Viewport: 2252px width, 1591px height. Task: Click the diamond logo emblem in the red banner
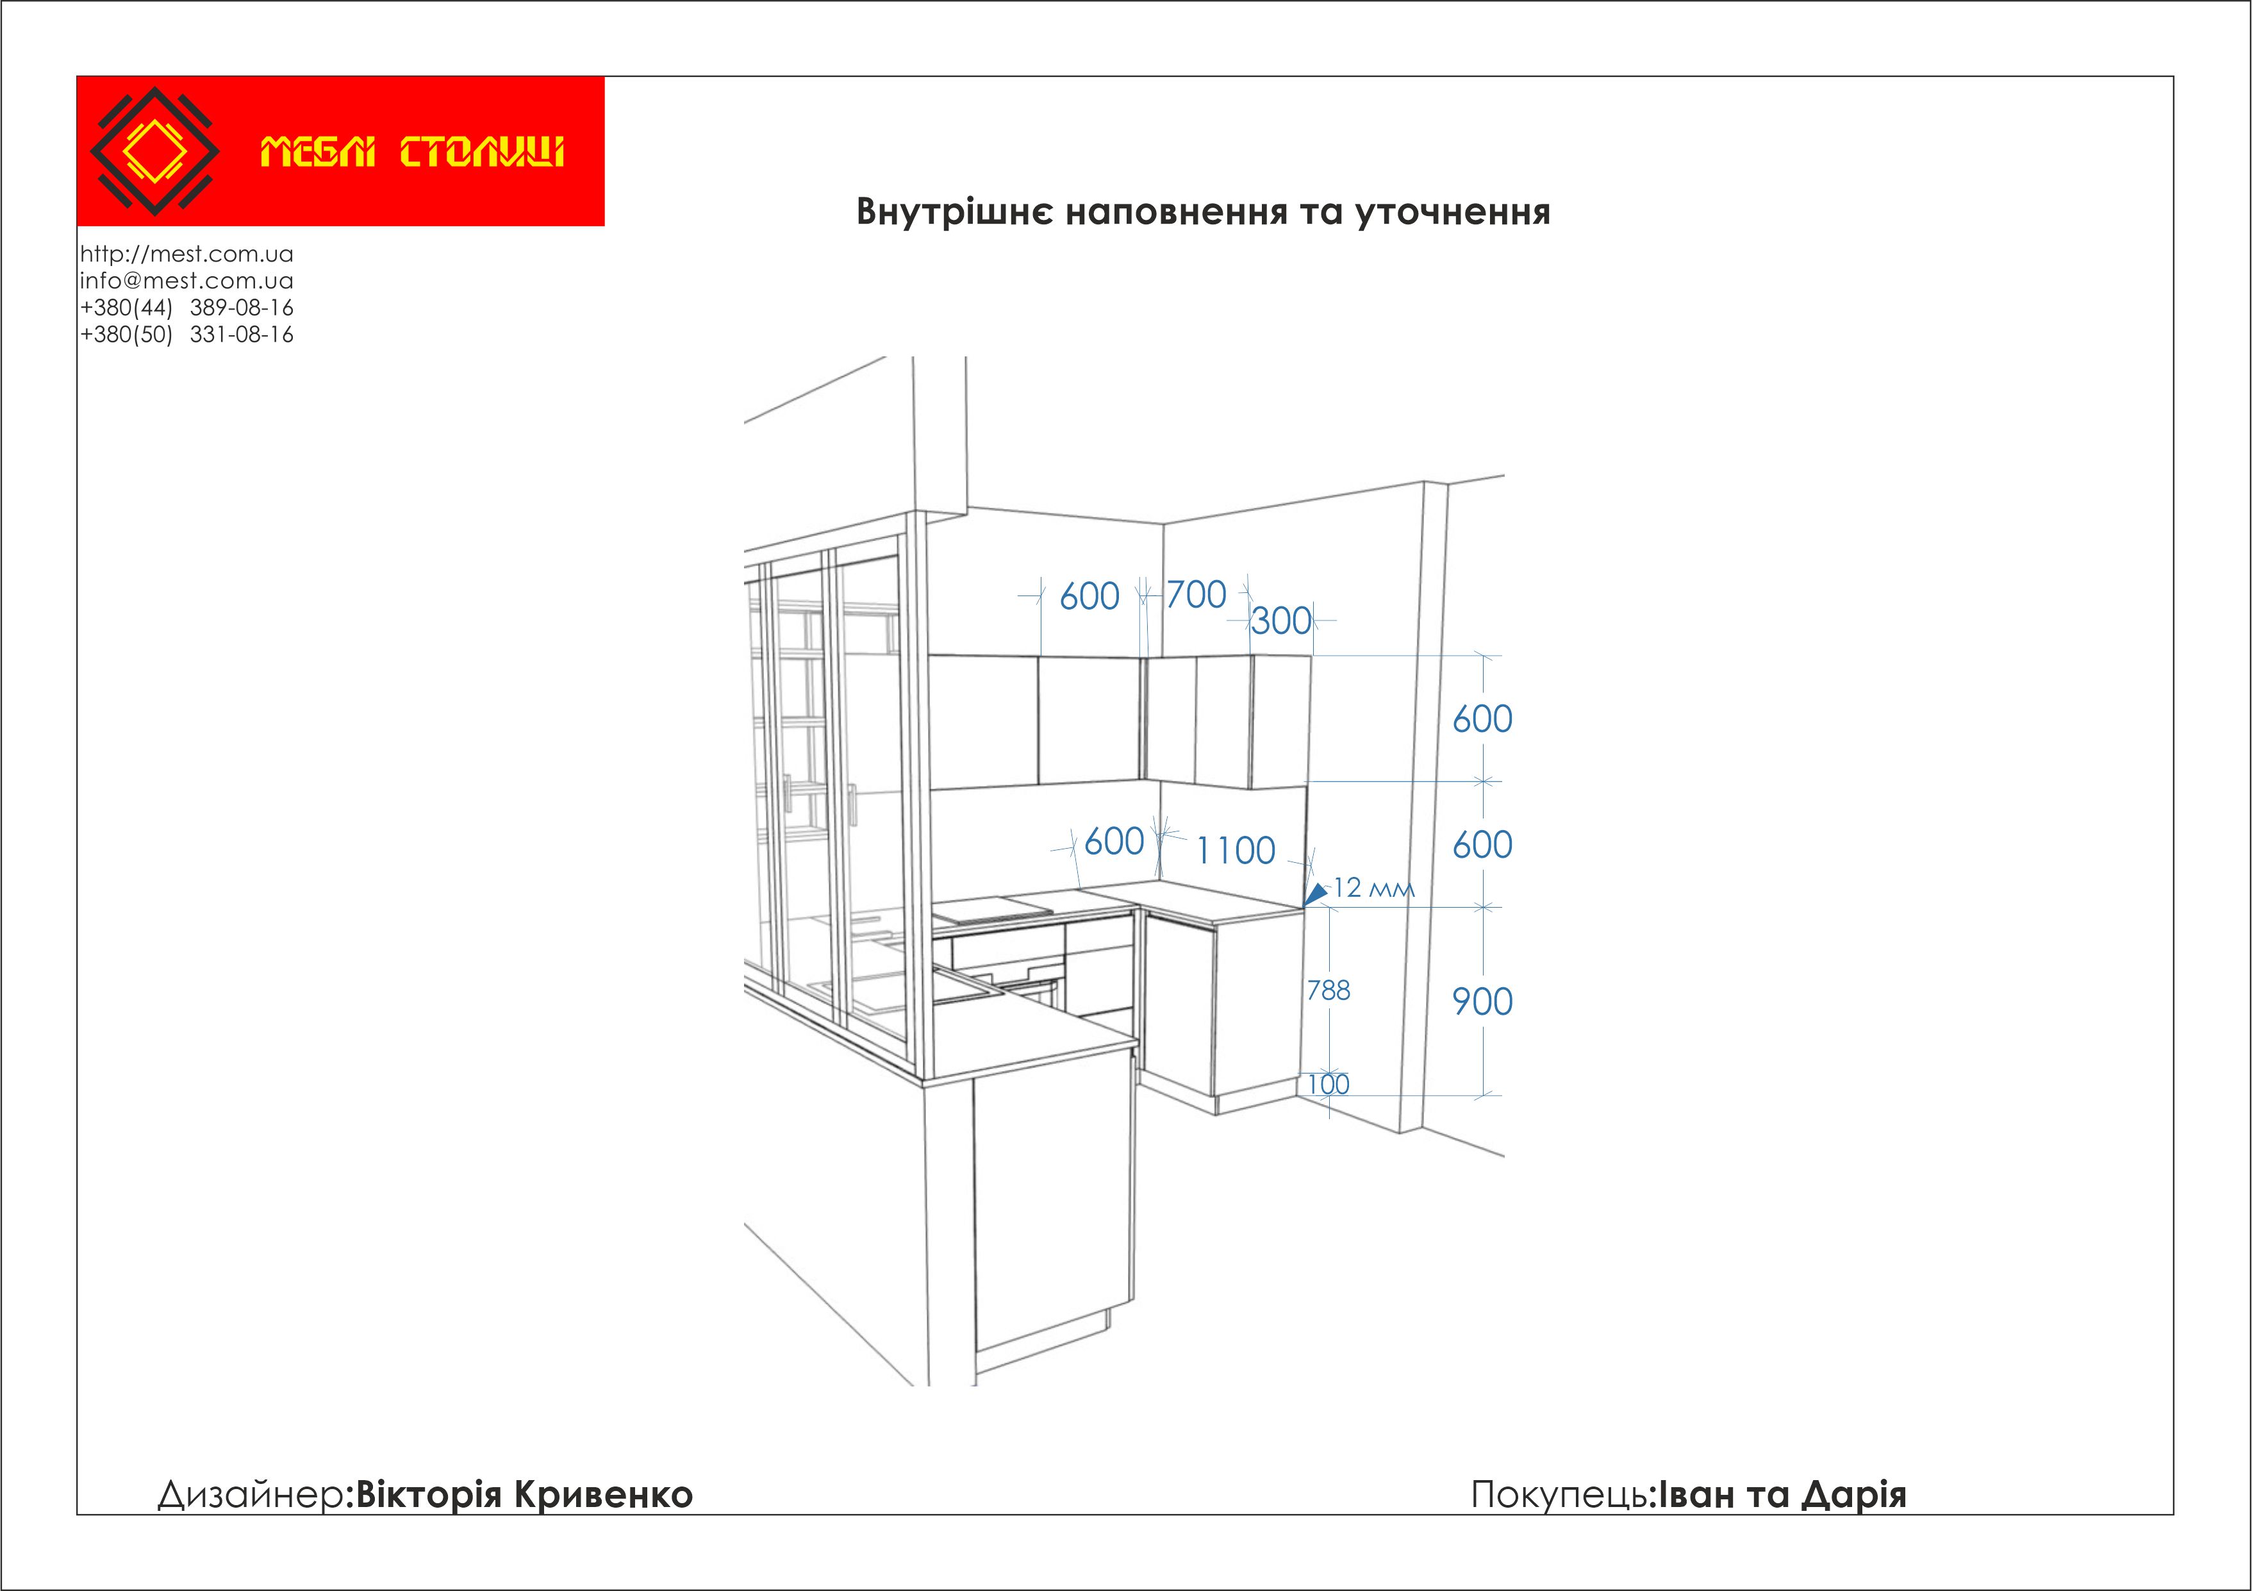click(155, 151)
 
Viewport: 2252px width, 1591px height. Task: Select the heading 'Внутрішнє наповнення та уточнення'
click(1204, 212)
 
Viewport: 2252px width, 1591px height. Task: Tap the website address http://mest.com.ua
click(186, 254)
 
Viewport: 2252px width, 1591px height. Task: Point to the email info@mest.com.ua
click(186, 281)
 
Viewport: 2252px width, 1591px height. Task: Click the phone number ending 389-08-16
click(186, 308)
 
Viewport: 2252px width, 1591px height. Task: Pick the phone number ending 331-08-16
click(186, 335)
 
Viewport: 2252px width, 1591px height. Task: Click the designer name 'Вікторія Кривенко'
click(524, 1494)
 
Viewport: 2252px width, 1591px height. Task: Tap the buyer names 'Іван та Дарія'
click(1782, 1494)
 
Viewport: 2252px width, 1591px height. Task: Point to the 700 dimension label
click(1196, 594)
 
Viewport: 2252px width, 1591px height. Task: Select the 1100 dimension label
click(1236, 851)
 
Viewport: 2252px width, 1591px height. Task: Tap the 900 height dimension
click(1482, 1001)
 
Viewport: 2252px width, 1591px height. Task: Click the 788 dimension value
click(1328, 991)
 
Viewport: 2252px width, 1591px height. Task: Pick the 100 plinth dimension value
click(1328, 1084)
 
